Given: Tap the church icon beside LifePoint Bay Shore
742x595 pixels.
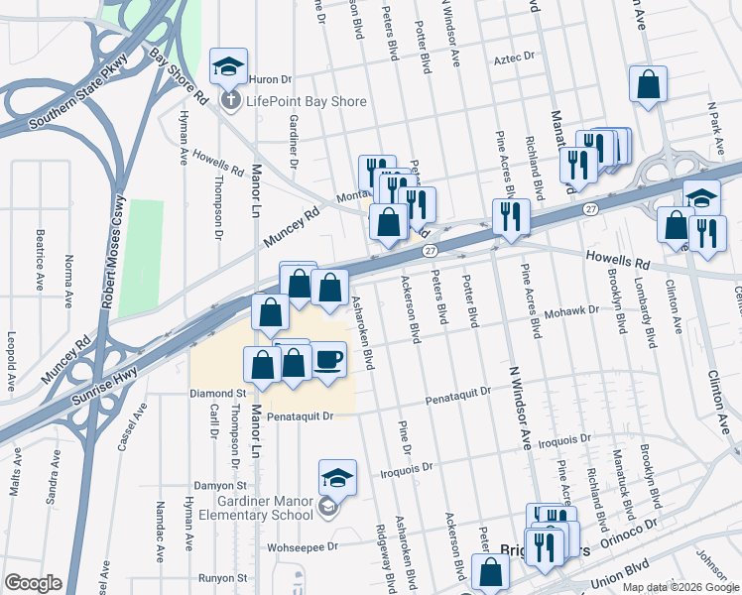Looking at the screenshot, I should (229, 100).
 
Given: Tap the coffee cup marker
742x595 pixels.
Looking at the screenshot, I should (329, 359).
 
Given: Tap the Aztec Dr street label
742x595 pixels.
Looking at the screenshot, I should (514, 59).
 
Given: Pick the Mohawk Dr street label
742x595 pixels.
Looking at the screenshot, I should (572, 310).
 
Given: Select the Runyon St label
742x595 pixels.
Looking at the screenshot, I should (221, 576).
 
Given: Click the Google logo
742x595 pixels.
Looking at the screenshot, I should (33, 583).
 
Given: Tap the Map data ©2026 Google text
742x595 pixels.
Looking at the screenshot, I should (680, 587).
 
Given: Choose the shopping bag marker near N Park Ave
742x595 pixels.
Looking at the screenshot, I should (648, 86).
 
